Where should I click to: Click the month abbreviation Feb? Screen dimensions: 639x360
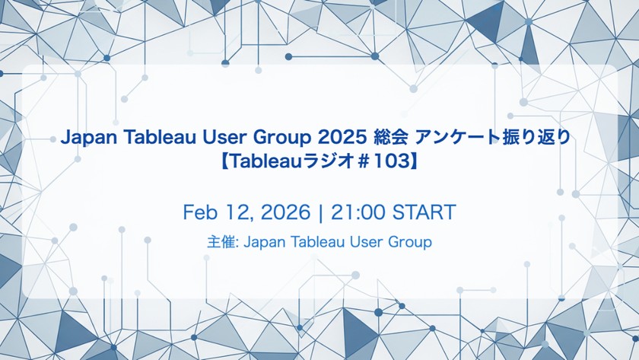(199, 212)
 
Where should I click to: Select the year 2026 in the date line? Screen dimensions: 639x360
(285, 212)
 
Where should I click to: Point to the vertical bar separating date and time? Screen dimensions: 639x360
(321, 212)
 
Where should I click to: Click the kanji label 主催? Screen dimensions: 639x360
(221, 242)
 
